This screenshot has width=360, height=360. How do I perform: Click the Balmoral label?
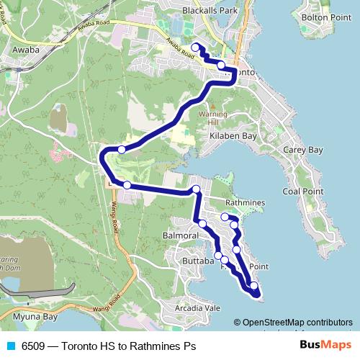tap(180, 235)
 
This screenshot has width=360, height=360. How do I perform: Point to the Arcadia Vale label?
tap(197, 308)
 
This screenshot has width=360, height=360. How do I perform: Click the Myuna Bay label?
tap(30, 317)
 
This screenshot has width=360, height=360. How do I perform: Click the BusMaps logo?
tap(325, 345)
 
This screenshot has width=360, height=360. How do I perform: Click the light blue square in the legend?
tap(11, 346)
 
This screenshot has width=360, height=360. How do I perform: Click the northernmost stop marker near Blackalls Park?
tap(195, 48)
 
